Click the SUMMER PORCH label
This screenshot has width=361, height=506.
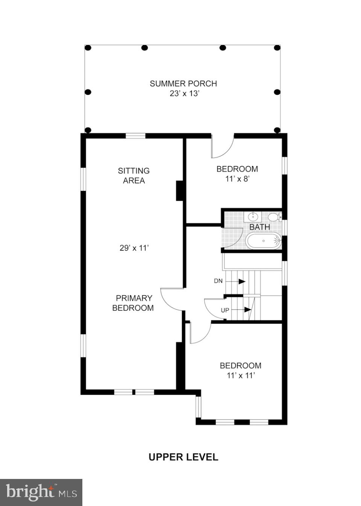click(183, 83)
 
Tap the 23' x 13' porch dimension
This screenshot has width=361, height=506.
click(184, 94)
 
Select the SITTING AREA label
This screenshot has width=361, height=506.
click(134, 176)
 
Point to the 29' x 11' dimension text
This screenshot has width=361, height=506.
click(134, 248)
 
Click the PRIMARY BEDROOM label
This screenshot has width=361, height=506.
click(133, 303)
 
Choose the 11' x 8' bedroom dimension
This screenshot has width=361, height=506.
click(237, 179)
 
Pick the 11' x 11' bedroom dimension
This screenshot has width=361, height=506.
click(241, 375)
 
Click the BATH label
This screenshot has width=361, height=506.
click(259, 227)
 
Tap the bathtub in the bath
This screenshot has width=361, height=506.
click(264, 241)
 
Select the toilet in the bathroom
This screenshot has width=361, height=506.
click(274, 217)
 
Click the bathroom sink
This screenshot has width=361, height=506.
click(253, 217)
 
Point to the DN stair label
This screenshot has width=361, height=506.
click(218, 281)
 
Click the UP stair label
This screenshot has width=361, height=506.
click(225, 310)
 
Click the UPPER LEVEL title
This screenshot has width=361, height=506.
click(183, 457)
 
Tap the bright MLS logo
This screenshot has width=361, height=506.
click(41, 492)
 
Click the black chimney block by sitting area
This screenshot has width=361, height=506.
click(180, 191)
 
